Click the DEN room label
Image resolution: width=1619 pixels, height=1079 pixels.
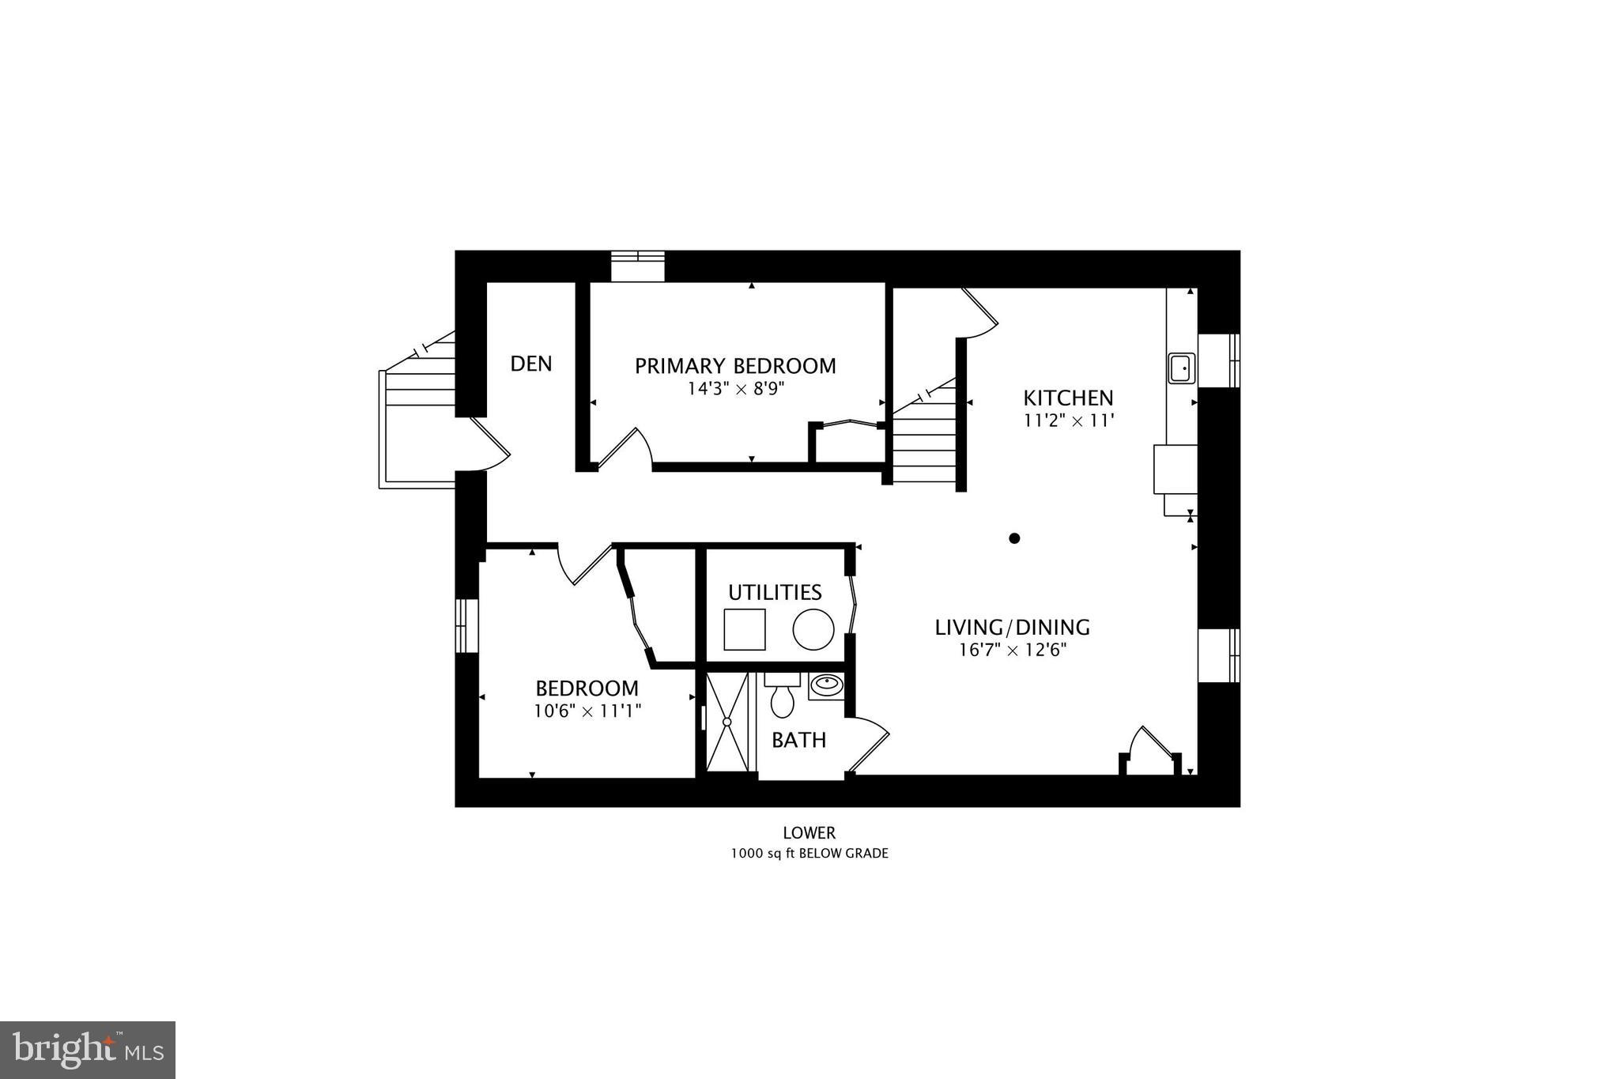point(530,364)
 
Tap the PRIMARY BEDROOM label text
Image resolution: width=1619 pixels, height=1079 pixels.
point(735,366)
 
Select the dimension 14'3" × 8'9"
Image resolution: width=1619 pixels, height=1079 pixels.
point(735,389)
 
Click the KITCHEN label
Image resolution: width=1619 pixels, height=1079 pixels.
point(1068,398)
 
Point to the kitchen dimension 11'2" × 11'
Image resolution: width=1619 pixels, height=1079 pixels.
point(1069,421)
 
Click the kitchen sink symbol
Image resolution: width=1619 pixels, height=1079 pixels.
point(1182,368)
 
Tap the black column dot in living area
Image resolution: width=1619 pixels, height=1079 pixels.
point(1014,538)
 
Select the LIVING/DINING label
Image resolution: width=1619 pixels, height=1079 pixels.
point(1012,628)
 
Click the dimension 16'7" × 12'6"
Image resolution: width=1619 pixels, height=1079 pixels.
point(1012,651)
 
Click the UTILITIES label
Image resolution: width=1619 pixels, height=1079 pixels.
point(775,592)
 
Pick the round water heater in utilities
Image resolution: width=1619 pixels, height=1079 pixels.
point(813,630)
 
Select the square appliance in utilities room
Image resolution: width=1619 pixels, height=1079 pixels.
point(745,629)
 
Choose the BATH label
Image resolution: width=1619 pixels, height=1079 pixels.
point(798,741)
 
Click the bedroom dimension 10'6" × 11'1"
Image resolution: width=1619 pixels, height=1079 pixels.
point(587,711)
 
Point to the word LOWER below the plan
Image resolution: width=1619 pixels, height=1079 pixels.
point(809,832)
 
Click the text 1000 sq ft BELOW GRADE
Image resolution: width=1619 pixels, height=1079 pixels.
point(809,854)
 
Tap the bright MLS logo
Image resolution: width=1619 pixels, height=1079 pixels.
point(88,1050)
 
